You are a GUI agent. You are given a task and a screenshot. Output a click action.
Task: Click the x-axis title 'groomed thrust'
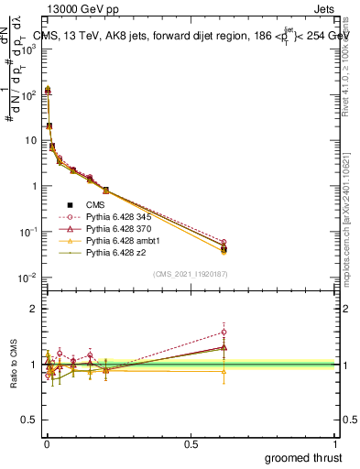[302, 456]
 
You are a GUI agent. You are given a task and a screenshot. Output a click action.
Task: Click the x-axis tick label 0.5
[191, 442]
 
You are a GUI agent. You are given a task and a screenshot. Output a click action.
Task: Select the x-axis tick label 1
[335, 442]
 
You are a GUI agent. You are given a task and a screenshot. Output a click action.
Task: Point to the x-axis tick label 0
[47, 442]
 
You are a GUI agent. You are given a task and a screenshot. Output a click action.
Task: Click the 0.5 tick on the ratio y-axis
[33, 420]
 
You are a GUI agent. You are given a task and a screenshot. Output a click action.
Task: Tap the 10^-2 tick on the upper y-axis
[29, 277]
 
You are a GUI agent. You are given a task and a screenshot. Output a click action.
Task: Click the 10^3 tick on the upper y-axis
[29, 49]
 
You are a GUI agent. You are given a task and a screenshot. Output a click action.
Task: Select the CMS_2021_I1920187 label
[190, 274]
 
